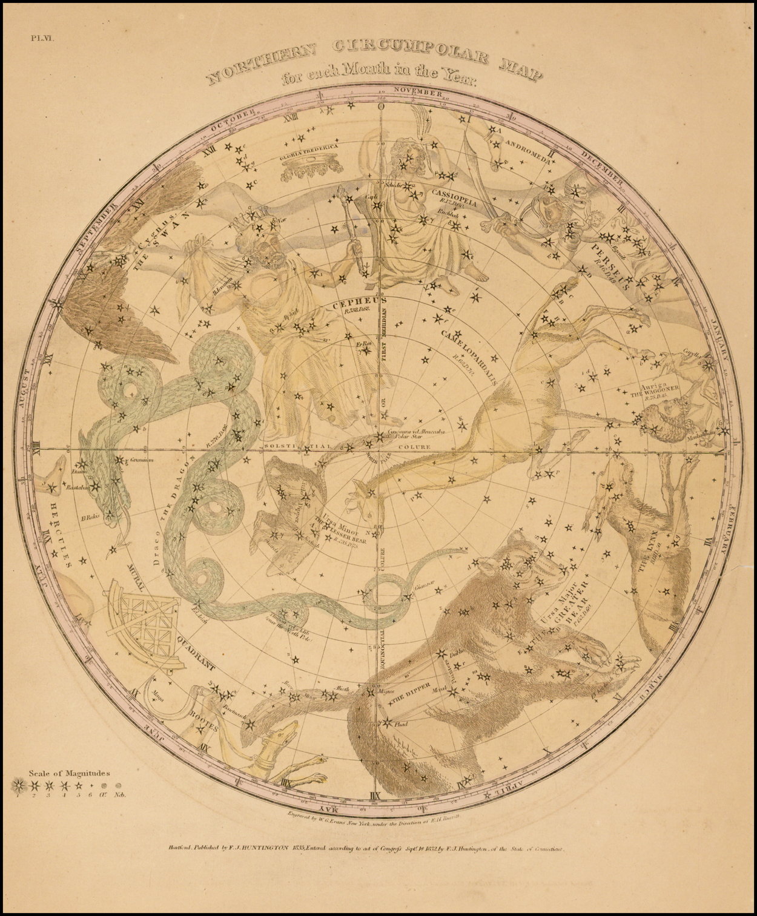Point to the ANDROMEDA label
[528, 150]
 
